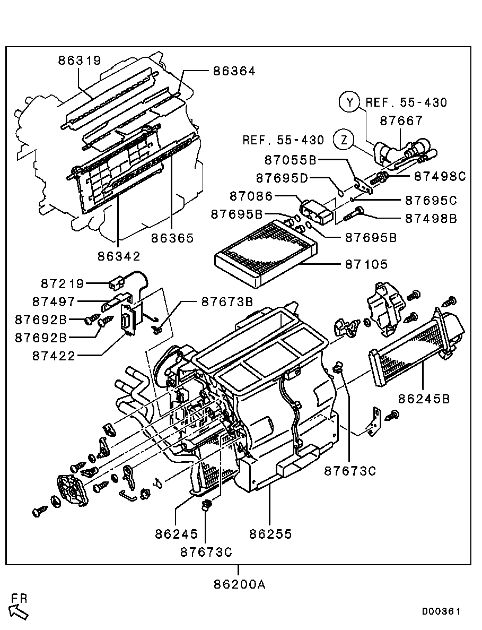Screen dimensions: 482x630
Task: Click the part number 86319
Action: [x=80, y=61]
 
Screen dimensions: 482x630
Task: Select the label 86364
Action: [x=234, y=71]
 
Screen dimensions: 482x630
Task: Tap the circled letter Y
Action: [x=350, y=102]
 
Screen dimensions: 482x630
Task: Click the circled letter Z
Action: [x=344, y=140]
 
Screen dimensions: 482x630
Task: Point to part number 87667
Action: [x=401, y=120]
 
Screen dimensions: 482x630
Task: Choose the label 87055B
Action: [x=291, y=160]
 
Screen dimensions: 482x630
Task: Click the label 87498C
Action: [x=440, y=176]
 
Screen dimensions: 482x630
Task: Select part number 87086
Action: [x=251, y=196]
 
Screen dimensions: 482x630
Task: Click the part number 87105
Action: [x=366, y=264]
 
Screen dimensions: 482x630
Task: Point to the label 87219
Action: [x=63, y=284]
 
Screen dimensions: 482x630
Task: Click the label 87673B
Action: [x=227, y=302]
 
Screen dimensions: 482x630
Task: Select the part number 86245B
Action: [x=424, y=399]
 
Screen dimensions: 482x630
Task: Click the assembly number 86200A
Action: [x=240, y=584]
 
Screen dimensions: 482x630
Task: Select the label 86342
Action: [x=119, y=256]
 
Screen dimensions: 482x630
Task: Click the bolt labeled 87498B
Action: [x=354, y=213]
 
